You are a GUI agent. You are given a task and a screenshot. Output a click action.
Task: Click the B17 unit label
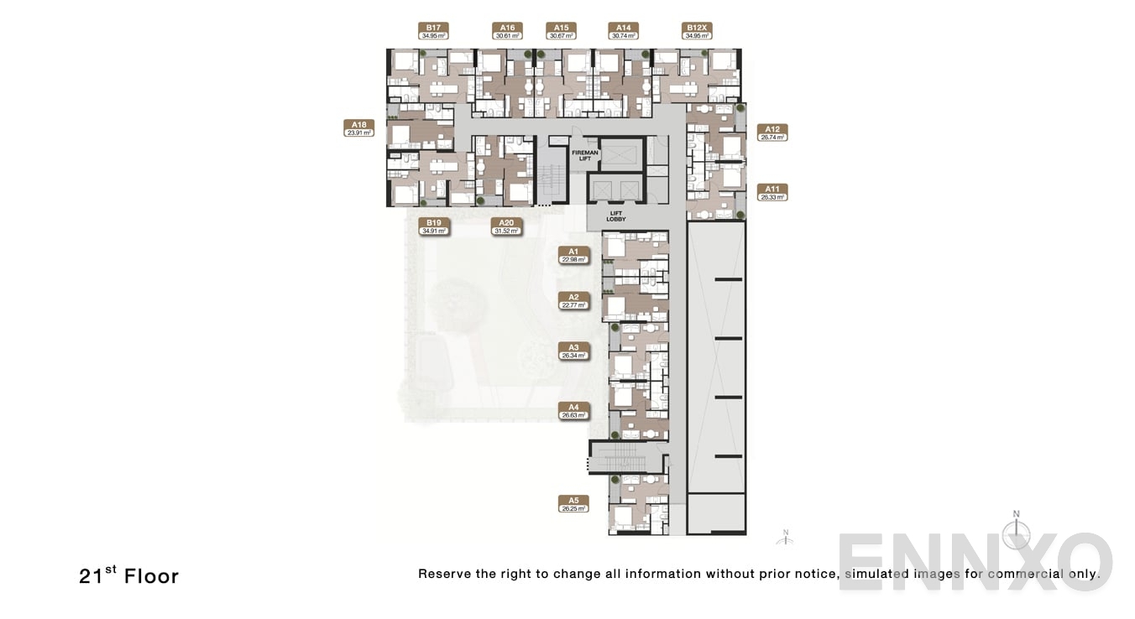(x=433, y=31)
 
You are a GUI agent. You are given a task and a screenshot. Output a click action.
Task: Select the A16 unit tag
(x=507, y=31)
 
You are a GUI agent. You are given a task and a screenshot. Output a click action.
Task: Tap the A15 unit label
(x=561, y=31)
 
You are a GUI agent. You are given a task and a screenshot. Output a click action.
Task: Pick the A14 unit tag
(x=623, y=31)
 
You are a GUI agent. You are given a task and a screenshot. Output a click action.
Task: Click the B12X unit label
(x=697, y=31)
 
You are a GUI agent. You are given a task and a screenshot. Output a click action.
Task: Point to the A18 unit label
(x=359, y=127)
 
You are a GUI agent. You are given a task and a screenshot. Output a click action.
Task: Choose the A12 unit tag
(x=772, y=133)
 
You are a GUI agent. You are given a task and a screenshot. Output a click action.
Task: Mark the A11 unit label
(x=772, y=193)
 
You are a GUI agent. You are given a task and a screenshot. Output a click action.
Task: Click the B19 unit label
(x=434, y=226)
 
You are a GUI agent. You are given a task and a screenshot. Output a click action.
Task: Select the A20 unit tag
(x=507, y=226)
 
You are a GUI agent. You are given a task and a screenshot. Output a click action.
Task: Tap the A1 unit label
(x=573, y=255)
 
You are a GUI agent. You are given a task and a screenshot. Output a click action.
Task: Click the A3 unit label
(x=573, y=351)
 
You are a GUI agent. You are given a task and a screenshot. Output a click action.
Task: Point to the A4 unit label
(x=573, y=411)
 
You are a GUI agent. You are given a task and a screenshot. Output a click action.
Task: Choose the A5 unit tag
(x=573, y=504)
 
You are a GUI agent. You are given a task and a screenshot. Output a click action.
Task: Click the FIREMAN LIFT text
(x=584, y=155)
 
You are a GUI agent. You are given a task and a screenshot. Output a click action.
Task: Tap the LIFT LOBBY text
(x=616, y=216)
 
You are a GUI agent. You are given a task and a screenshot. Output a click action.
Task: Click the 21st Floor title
(x=128, y=576)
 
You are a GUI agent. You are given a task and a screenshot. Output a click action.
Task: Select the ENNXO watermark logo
(x=974, y=561)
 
